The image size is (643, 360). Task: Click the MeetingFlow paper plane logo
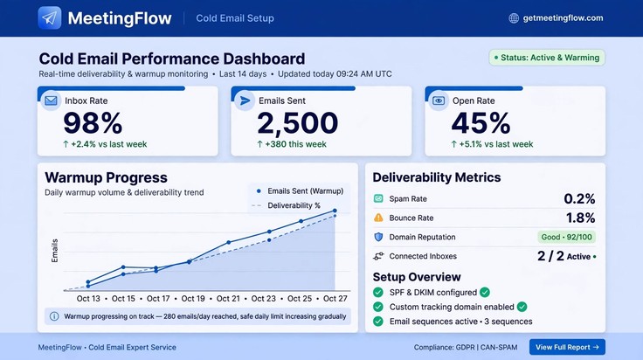[50, 18]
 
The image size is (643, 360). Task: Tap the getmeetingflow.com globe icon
[514, 18]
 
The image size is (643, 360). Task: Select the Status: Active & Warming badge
[547, 58]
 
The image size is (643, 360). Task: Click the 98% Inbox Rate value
[93, 123]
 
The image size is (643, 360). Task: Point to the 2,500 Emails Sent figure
[298, 123]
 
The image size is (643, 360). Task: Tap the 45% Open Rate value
[481, 123]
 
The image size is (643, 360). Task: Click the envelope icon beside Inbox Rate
[51, 100]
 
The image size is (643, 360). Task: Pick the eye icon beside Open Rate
[439, 100]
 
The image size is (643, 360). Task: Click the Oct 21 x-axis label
[228, 299]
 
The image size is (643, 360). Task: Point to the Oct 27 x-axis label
[335, 299]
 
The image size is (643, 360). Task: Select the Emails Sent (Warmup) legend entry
[300, 191]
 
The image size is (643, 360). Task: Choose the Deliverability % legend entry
[287, 205]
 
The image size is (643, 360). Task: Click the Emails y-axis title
[54, 251]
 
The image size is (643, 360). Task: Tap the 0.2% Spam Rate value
[579, 199]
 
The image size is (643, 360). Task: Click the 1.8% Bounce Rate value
[580, 218]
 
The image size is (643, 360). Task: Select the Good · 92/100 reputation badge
[567, 237]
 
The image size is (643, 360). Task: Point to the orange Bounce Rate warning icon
[378, 218]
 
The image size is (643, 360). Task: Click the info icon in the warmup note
[54, 316]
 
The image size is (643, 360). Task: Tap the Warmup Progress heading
[107, 178]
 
